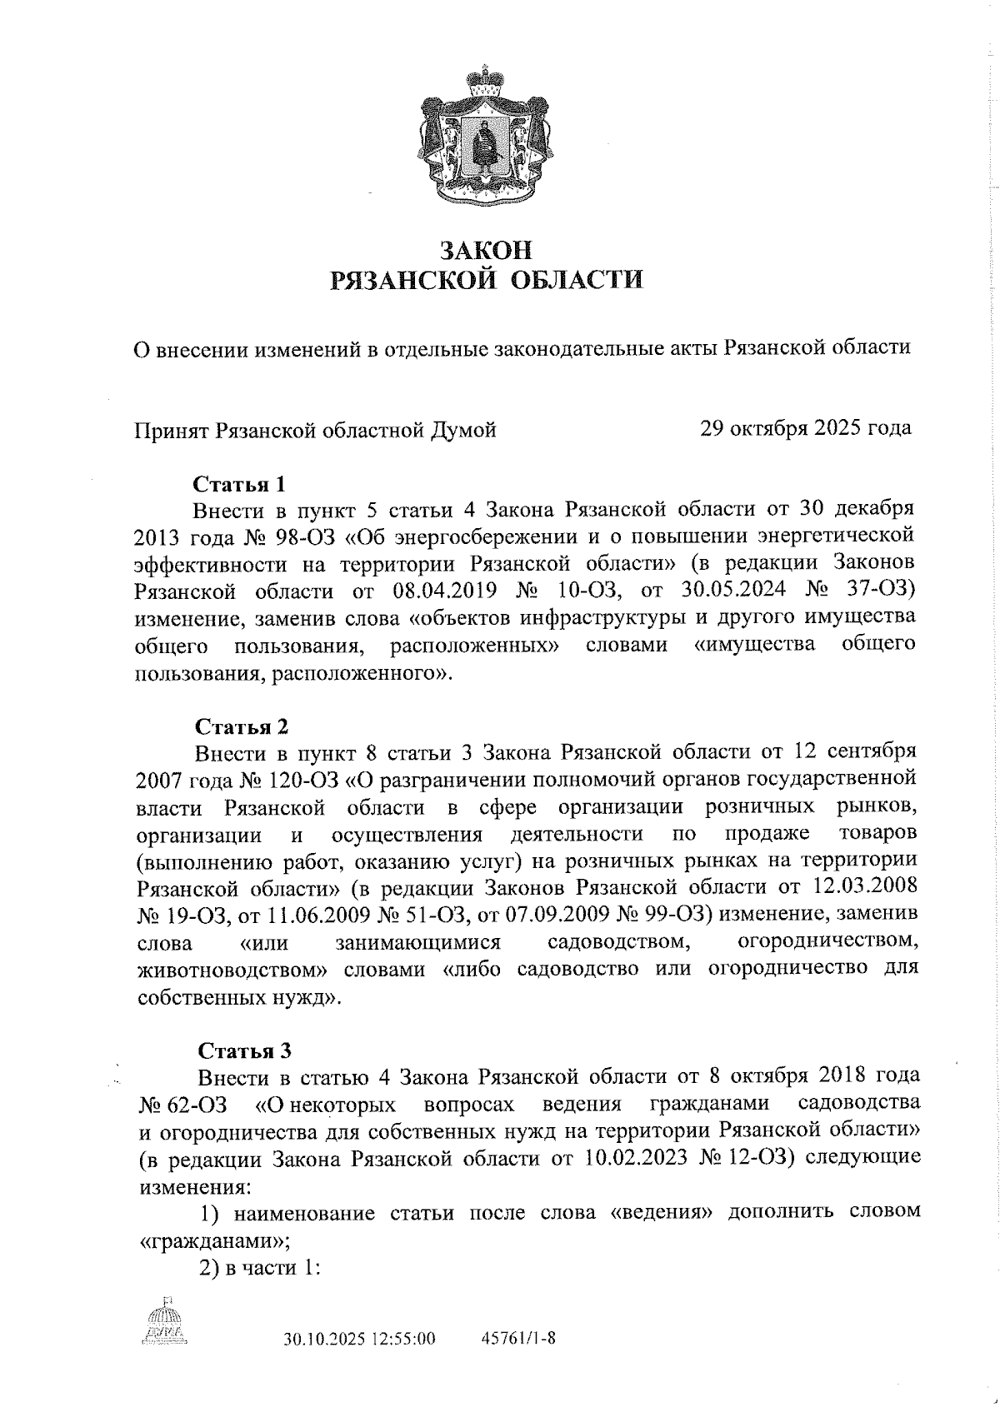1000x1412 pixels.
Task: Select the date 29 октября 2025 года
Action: (x=805, y=428)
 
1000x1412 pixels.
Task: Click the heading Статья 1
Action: (x=240, y=483)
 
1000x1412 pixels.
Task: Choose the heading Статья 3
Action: (x=241, y=1050)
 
